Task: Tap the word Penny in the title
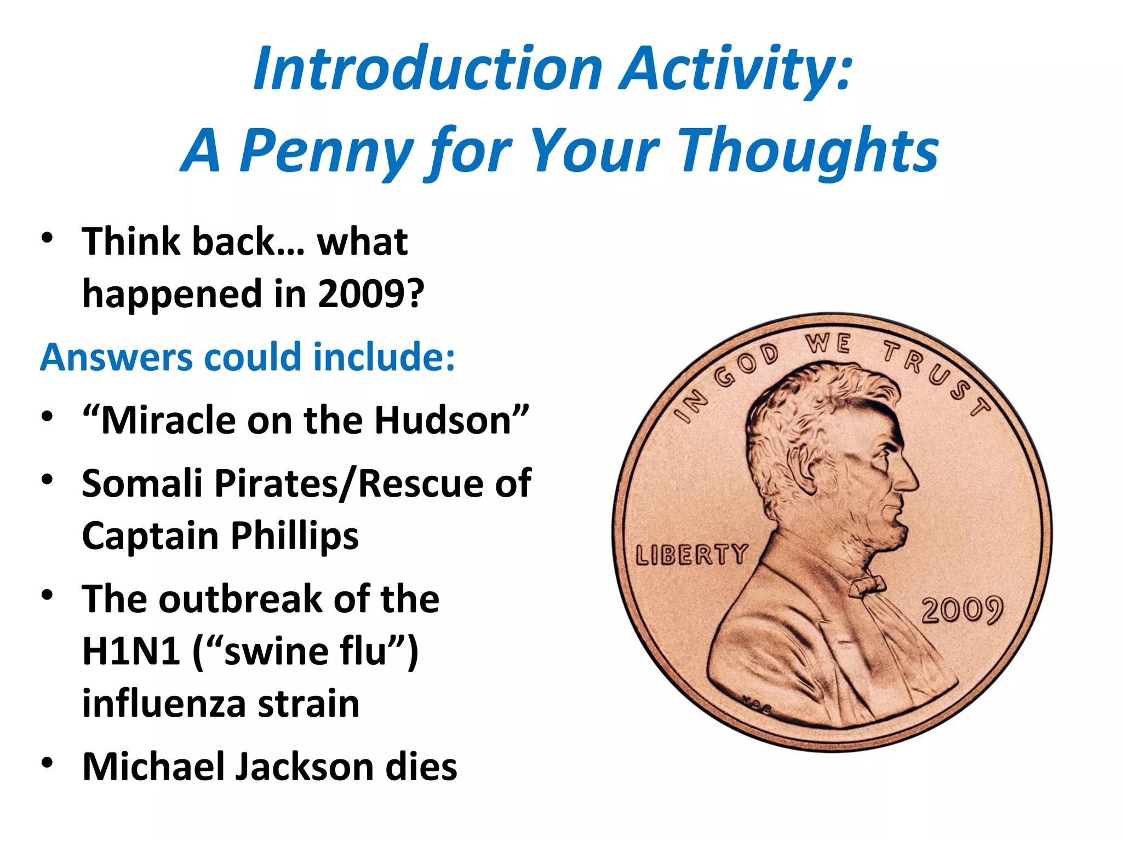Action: tap(327, 151)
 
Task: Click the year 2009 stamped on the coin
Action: tap(962, 610)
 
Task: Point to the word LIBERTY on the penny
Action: tap(691, 555)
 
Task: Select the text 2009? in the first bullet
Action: tap(371, 295)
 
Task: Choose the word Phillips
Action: tap(294, 537)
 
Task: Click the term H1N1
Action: tap(131, 652)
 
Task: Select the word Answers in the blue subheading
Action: tap(116, 357)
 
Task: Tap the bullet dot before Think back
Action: tap(48, 238)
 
